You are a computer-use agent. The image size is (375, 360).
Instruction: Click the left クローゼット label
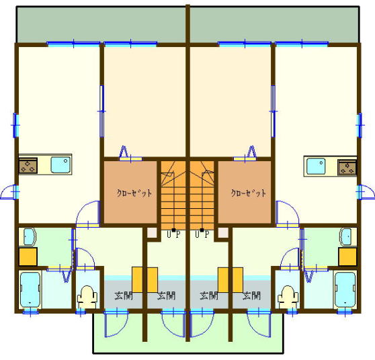pyautogui.click(x=134, y=193)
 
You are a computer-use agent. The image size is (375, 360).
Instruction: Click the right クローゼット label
pyautogui.click(x=249, y=193)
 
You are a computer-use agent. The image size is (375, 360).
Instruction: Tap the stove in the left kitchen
pyautogui.click(x=28, y=165)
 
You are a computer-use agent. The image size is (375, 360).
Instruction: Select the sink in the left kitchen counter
pyautogui.click(x=61, y=165)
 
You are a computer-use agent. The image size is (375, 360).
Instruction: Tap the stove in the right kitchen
pyautogui.click(x=347, y=167)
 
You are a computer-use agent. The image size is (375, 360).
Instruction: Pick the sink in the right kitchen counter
pyautogui.click(x=316, y=166)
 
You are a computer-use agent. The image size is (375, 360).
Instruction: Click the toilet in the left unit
pyautogui.click(x=87, y=297)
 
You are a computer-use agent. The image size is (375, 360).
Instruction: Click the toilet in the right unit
pyautogui.click(x=288, y=297)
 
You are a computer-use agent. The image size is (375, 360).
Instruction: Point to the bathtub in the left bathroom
pyautogui.click(x=30, y=290)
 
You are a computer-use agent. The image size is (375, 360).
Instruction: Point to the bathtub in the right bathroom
pyautogui.click(x=345, y=290)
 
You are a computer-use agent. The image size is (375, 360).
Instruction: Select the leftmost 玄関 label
pyautogui.click(x=124, y=296)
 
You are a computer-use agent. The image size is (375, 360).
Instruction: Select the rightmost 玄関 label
pyautogui.click(x=251, y=296)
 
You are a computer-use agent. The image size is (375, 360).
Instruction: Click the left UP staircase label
pyautogui.click(x=173, y=234)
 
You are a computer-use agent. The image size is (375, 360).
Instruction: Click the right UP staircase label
pyautogui.click(x=202, y=234)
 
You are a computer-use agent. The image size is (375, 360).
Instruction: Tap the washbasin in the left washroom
pyautogui.click(x=30, y=236)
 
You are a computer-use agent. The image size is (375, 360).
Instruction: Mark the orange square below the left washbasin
pyautogui.click(x=28, y=257)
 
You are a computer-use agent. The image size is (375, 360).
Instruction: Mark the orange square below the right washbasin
pyautogui.click(x=347, y=257)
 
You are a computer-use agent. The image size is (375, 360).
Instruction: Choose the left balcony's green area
pyautogui.click(x=101, y=24)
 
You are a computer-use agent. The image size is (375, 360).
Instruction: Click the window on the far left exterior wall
pyautogui.click(x=15, y=125)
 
